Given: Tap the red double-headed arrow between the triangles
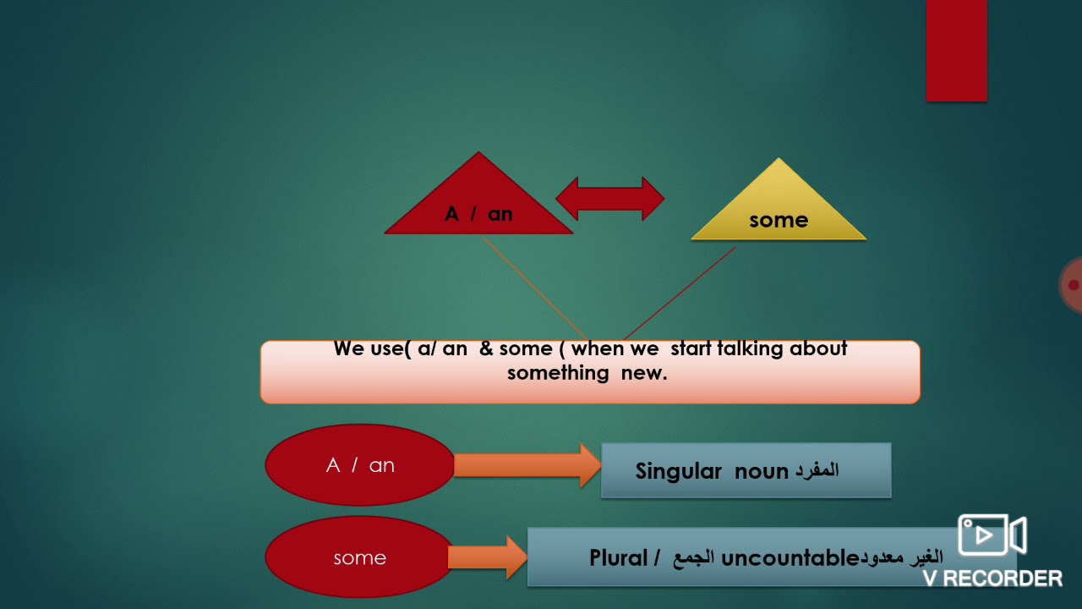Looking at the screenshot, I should [x=609, y=199].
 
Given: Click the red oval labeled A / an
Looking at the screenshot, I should [x=360, y=465].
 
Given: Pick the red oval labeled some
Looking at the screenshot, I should [x=360, y=557].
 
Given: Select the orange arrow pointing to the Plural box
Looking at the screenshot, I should [x=487, y=557].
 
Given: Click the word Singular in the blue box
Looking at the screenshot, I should [x=679, y=471].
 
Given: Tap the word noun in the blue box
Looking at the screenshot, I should [x=762, y=471].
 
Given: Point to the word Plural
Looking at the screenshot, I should [x=619, y=558].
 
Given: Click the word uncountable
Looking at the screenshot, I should [x=790, y=558].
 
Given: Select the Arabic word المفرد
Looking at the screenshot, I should [x=816, y=471].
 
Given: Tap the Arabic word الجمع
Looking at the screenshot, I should [x=693, y=558].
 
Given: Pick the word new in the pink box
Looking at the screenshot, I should [x=643, y=373].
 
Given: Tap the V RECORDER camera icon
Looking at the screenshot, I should [x=991, y=535].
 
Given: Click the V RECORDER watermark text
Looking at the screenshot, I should [x=992, y=579].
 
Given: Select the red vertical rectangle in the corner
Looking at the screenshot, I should [x=956, y=51].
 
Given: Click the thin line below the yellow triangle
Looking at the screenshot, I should [x=680, y=293].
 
